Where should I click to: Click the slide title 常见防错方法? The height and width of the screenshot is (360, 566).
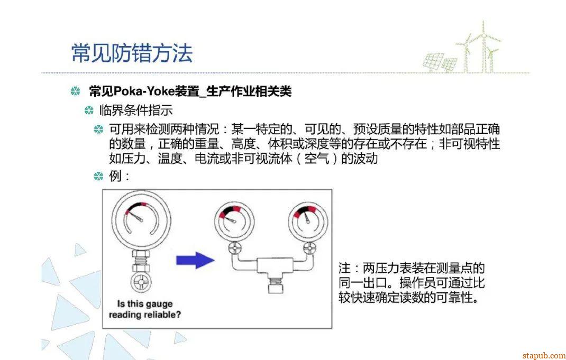point(132,53)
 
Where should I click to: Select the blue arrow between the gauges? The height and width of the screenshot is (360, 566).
point(195,260)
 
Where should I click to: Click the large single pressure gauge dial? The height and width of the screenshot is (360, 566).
point(141,220)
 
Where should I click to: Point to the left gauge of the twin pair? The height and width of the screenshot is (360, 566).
point(234,221)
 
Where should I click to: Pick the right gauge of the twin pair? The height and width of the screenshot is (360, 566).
point(308,221)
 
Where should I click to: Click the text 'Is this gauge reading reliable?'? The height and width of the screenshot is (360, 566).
point(145,309)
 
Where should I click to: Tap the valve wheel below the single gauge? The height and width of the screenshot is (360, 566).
point(141,282)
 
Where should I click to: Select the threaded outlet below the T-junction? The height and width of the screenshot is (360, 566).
point(276,284)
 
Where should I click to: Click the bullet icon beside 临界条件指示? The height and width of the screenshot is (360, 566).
point(89,110)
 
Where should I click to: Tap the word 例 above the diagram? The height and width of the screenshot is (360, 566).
point(115,176)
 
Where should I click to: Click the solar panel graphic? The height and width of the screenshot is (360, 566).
point(440,62)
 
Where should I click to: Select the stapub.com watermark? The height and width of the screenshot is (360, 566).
point(544,355)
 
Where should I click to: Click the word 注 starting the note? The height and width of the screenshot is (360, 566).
point(344,268)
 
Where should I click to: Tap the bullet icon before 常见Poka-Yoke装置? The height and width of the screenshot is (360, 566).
point(75,91)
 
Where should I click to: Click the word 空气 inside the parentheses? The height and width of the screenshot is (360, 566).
point(316,159)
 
